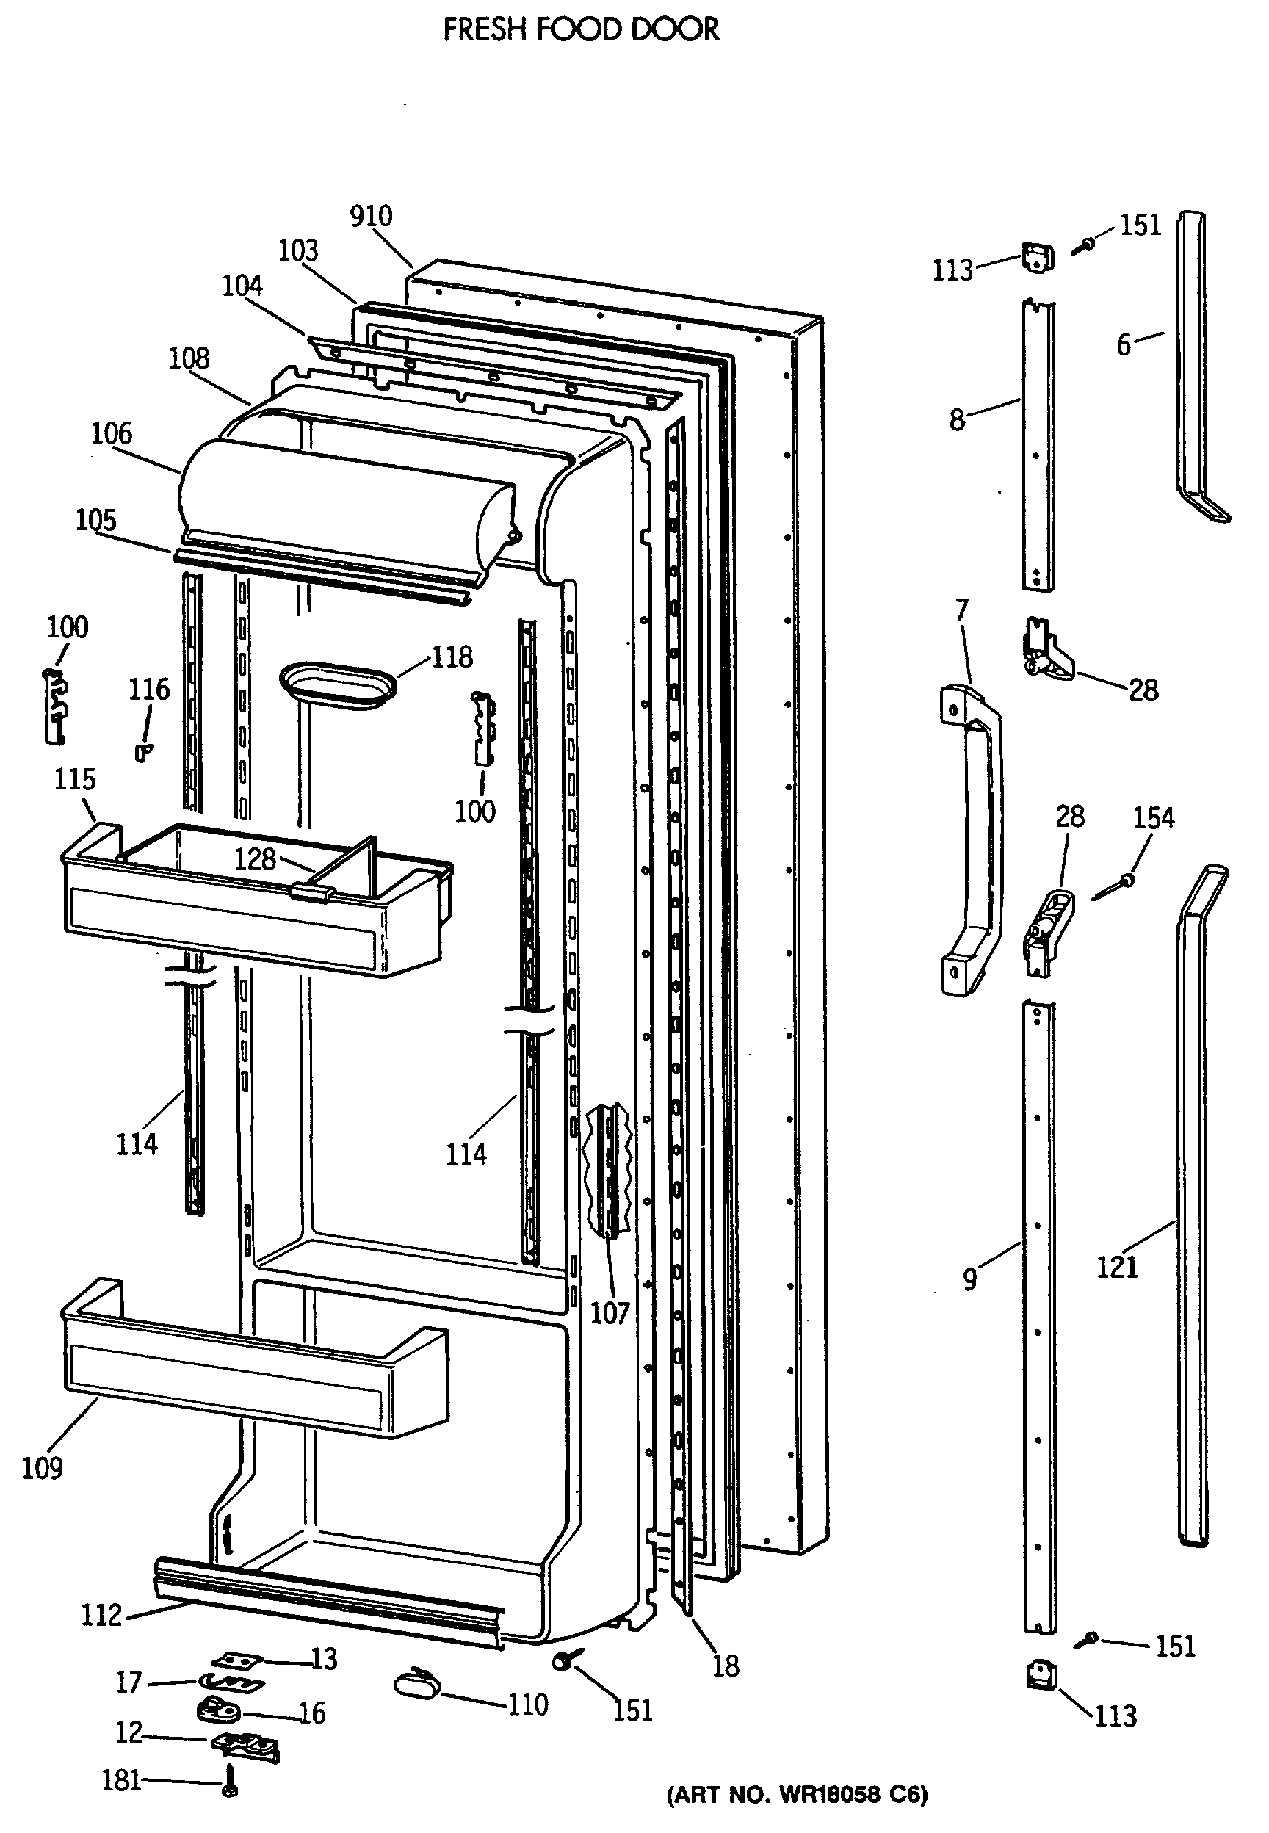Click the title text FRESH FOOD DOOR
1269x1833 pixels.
580,30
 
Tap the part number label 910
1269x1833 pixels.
372,216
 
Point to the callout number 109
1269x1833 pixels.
42,1468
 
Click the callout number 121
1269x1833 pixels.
1117,1267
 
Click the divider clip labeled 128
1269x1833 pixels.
311,892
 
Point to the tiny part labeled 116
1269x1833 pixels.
143,751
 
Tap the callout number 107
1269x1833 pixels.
610,1313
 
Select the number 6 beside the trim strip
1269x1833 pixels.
1124,345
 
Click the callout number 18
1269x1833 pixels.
725,1666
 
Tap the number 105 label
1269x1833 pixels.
95,521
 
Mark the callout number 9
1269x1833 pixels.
970,1280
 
